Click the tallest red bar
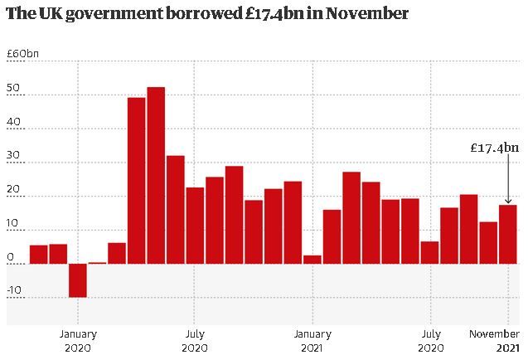(156, 175)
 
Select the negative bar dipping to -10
(77, 280)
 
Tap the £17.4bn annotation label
(494, 148)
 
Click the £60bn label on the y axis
(22, 54)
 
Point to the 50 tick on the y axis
(12, 95)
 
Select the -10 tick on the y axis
(15, 297)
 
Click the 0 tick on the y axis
(9, 258)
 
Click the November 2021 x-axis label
(497, 341)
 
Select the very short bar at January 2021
(312, 259)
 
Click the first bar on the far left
(38, 254)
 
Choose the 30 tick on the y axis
(12, 163)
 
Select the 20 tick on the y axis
(12, 197)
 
